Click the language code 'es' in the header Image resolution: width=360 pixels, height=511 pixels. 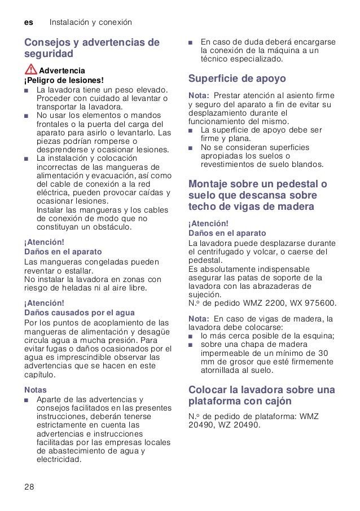coord(28,23)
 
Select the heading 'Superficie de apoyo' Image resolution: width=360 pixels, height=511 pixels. coord(237,78)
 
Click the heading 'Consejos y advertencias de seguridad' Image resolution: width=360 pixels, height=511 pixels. coord(91,48)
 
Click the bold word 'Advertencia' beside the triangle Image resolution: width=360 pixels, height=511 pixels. coord(62,71)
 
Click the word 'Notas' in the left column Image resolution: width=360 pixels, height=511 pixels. coord(35,390)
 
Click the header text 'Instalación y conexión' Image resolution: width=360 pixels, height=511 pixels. coord(91,23)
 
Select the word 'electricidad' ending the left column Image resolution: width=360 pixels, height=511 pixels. coord(59,459)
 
